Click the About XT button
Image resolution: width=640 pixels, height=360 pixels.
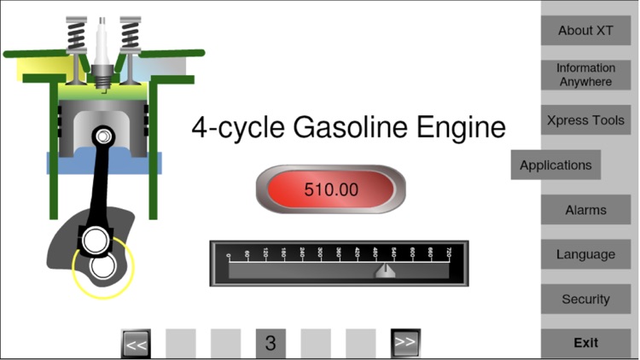(x=585, y=31)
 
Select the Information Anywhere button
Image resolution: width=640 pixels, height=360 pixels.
(x=585, y=75)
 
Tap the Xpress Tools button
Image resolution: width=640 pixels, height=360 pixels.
(x=585, y=120)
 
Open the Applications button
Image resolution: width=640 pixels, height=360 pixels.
(x=556, y=165)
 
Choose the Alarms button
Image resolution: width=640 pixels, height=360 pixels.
(x=585, y=210)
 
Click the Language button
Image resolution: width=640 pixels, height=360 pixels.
(x=585, y=254)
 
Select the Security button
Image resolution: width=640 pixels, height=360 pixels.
(x=585, y=299)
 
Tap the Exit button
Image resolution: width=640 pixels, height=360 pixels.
(x=585, y=343)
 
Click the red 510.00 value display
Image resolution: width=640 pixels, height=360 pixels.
(x=331, y=189)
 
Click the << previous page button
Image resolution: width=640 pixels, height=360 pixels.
(x=136, y=344)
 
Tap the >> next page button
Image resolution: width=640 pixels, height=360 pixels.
(x=405, y=343)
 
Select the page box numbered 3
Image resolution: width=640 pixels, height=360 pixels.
(x=271, y=344)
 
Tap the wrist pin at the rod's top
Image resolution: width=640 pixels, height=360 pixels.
(x=103, y=136)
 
